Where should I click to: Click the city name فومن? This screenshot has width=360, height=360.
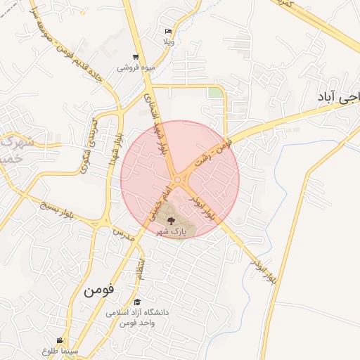99,289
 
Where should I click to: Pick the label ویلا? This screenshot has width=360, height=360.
168,41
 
